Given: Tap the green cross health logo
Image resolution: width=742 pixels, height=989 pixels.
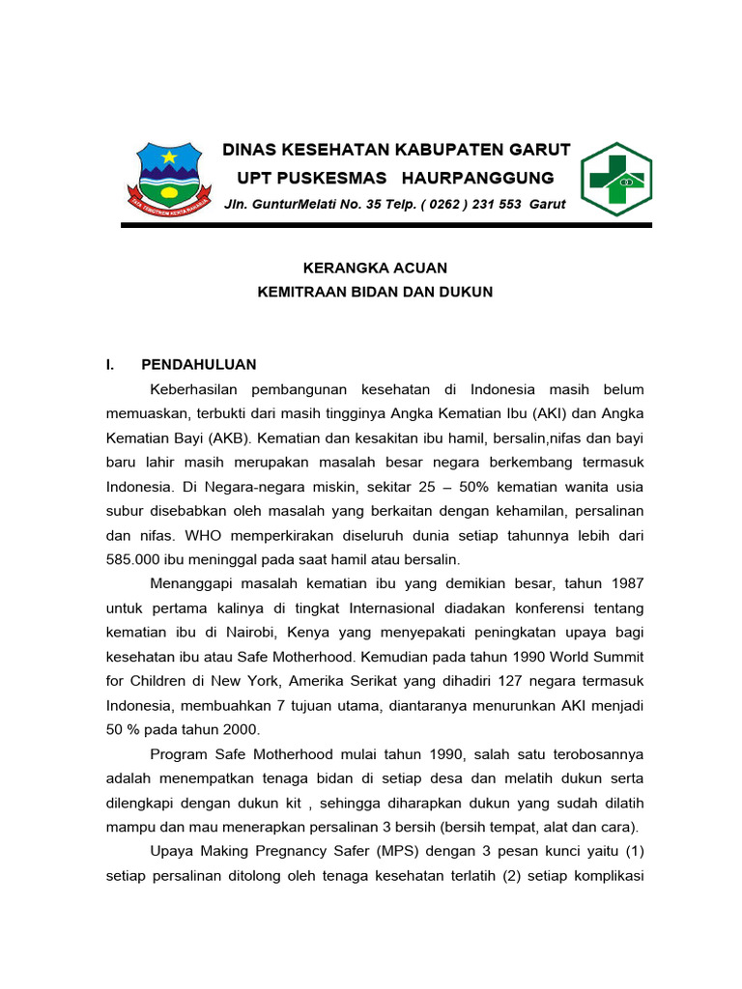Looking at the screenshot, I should tap(615, 180).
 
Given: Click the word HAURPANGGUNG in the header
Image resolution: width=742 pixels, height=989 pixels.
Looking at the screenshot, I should tap(477, 178).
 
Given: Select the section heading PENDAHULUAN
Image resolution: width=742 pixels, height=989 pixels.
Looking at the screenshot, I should tap(199, 365).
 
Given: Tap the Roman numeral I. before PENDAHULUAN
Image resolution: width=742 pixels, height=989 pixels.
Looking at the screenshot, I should tap(111, 365).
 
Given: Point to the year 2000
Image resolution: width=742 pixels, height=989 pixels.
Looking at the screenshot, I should tap(242, 729).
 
